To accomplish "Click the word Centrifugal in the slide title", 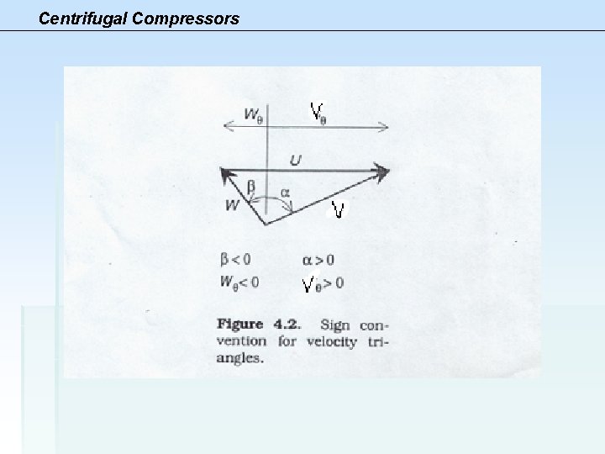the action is point(78,17).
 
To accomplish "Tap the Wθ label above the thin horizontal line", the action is point(253,113).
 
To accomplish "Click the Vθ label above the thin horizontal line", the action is point(318,112).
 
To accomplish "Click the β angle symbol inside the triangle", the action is point(250,187).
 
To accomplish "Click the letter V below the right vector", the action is point(338,209).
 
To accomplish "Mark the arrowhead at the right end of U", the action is point(382,172).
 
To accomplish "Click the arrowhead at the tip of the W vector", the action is point(226,174).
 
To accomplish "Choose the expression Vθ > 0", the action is point(323,284).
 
